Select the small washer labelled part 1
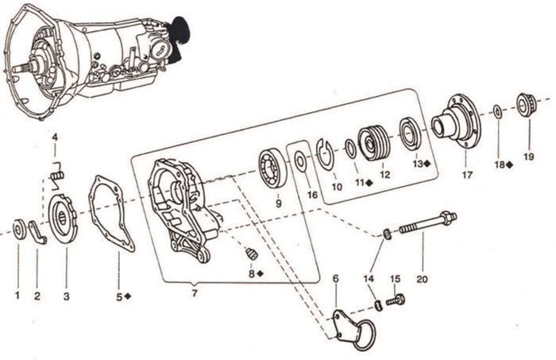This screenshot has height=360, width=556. (x=17, y=230)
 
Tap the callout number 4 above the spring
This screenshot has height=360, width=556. (x=55, y=137)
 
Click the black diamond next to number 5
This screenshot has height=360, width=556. (x=129, y=296)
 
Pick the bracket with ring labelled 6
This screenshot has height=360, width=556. (x=353, y=326)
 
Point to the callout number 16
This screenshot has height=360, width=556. (x=311, y=193)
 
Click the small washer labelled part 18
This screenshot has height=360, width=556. (x=497, y=110)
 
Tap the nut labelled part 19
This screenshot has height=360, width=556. (x=523, y=105)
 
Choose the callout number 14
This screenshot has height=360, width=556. (x=368, y=278)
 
